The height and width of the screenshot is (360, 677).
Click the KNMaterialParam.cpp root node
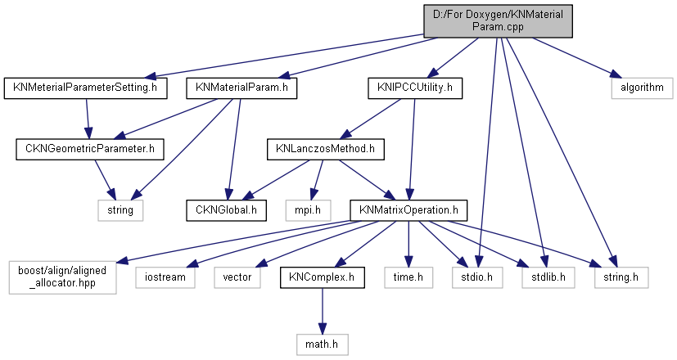pos(498,20)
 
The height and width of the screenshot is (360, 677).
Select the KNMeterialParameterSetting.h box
pos(86,86)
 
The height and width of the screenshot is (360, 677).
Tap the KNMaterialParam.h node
pos(241,86)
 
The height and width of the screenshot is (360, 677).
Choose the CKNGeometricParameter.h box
pos(90,149)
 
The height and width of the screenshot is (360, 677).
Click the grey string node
pos(120,210)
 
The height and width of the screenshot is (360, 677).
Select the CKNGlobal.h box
pos(226,210)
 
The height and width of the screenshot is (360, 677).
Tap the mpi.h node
pos(304,210)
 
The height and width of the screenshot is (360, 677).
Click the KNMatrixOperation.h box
pos(408,210)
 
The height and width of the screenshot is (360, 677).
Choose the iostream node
pos(166,277)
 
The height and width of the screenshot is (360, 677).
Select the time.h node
pos(408,277)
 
